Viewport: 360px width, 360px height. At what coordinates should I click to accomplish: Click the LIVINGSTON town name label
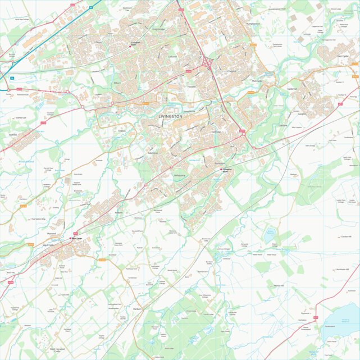171,116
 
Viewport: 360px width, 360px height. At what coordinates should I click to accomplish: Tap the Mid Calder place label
258,81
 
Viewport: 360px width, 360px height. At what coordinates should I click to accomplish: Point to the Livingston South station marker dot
222,169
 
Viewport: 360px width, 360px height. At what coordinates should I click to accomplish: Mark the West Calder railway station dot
71,239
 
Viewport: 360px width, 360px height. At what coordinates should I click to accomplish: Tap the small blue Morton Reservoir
270,231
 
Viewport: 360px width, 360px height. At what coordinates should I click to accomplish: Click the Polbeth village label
119,213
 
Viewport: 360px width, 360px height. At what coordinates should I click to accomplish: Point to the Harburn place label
138,309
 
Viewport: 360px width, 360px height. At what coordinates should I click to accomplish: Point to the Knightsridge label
158,29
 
